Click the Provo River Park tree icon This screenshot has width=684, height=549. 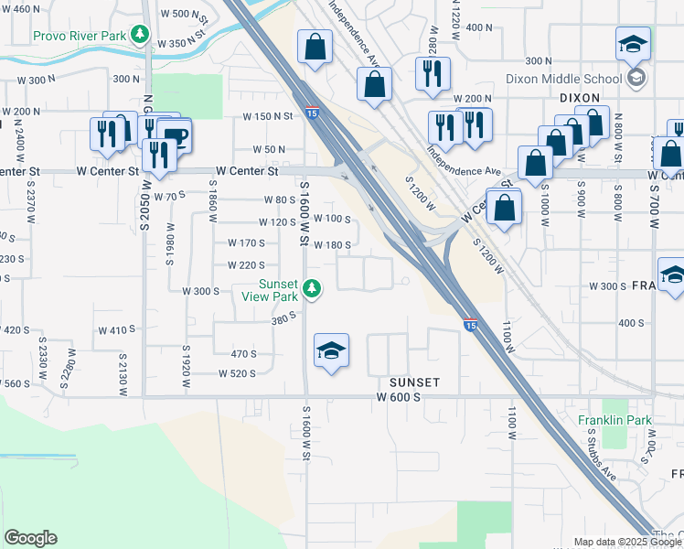[x=139, y=36]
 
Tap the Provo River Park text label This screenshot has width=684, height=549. [x=80, y=36]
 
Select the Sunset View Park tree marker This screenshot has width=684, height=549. [x=312, y=289]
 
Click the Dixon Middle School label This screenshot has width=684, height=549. [x=563, y=79]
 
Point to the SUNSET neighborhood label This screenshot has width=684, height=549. [x=414, y=382]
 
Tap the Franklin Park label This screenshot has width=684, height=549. [x=614, y=420]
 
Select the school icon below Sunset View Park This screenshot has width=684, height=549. [x=331, y=350]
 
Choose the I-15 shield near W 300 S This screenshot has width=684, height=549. [x=470, y=325]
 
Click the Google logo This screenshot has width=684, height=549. [x=30, y=538]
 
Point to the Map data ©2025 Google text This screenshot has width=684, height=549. [x=627, y=542]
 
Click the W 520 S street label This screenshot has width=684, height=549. [x=238, y=373]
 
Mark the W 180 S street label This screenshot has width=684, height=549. [x=332, y=244]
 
